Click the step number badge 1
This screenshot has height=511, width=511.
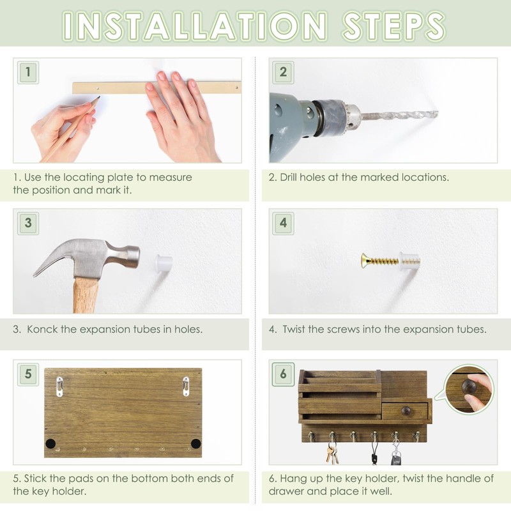[x=27, y=72]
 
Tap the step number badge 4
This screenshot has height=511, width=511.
[x=283, y=223]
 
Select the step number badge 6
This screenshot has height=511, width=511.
[x=283, y=374]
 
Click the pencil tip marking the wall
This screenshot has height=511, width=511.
[x=98, y=98]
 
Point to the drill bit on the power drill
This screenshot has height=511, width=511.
[x=399, y=116]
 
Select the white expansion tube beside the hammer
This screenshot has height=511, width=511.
[x=164, y=263]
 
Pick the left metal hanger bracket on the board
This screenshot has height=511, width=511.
[x=59, y=386]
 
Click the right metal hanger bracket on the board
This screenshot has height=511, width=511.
[x=186, y=386]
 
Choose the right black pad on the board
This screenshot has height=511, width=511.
[x=195, y=443]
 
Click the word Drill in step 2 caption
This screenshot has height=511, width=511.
[x=292, y=177]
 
